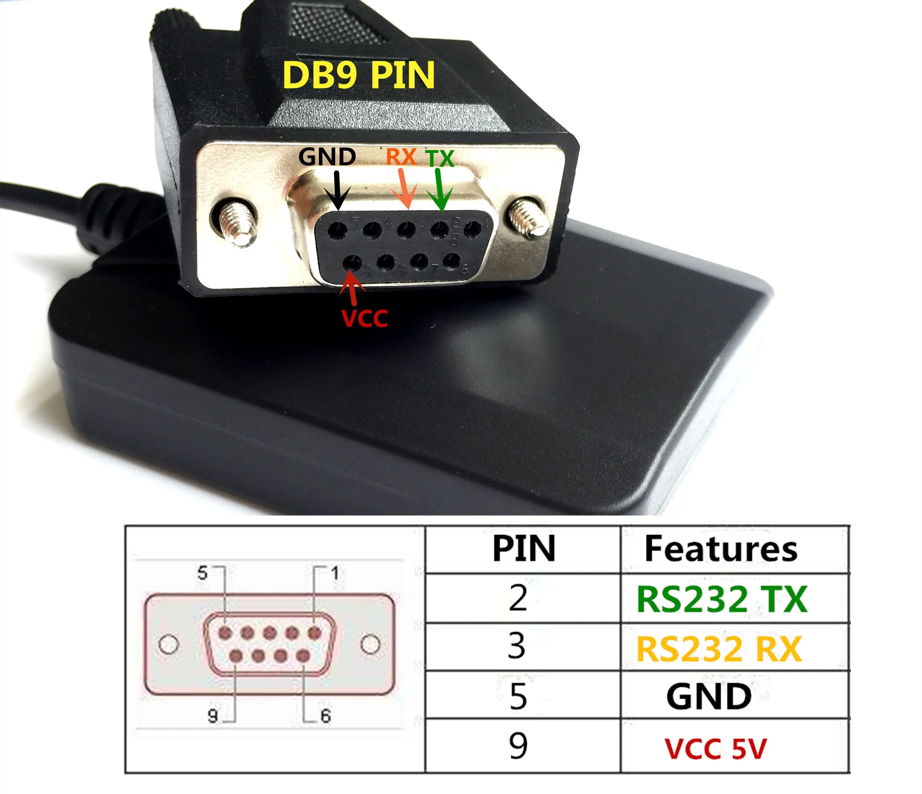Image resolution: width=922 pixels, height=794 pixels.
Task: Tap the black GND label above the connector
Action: pos(327,157)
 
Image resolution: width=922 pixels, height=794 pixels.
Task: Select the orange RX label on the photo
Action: pos(401,157)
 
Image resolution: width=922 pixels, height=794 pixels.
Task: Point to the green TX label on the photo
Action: pos(440,158)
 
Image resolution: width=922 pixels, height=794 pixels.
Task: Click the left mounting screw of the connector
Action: pos(235,223)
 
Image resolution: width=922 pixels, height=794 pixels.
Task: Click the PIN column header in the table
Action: pos(524,549)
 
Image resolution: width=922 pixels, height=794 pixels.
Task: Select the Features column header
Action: pos(721,549)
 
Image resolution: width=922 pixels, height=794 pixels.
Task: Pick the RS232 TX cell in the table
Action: pos(722,599)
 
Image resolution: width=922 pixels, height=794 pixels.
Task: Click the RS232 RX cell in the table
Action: pos(719,649)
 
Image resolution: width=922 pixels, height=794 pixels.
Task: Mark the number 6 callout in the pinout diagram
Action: pos(326,716)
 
